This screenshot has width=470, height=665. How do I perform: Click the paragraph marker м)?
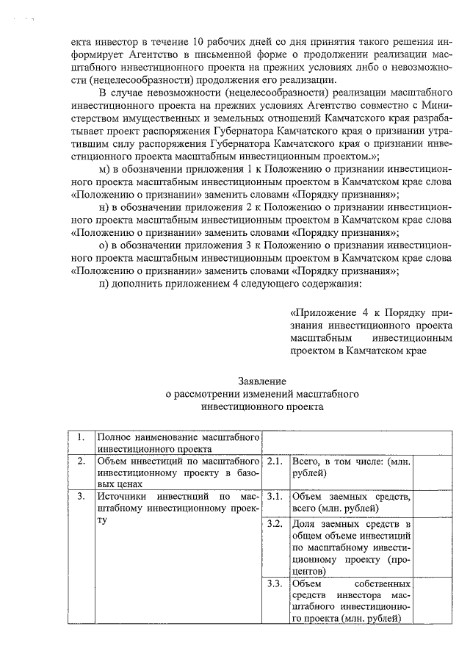point(104,169)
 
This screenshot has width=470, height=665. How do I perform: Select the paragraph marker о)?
point(104,245)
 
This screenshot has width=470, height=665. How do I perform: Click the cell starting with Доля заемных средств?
point(350,547)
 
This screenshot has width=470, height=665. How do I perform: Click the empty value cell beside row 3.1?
point(432,503)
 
